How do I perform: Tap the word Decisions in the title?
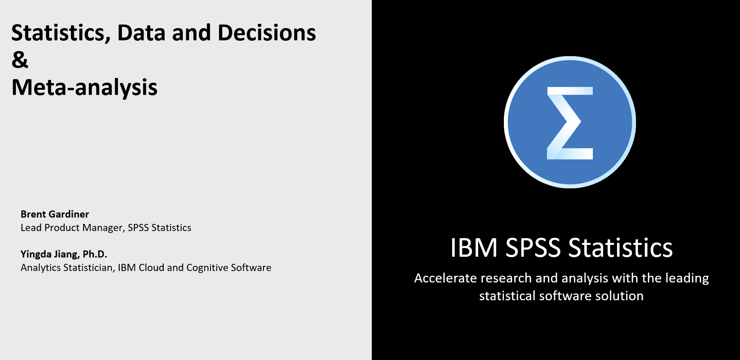267,33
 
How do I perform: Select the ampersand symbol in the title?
20,60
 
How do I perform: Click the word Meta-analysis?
84,87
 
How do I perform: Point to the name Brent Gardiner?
55,214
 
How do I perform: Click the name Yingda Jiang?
50,254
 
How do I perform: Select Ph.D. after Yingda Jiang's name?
95,254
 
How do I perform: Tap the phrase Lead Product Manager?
72,228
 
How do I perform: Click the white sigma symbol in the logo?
570,123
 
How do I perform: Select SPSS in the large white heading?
533,248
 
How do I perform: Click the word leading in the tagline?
687,278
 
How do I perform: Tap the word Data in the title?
141,33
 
